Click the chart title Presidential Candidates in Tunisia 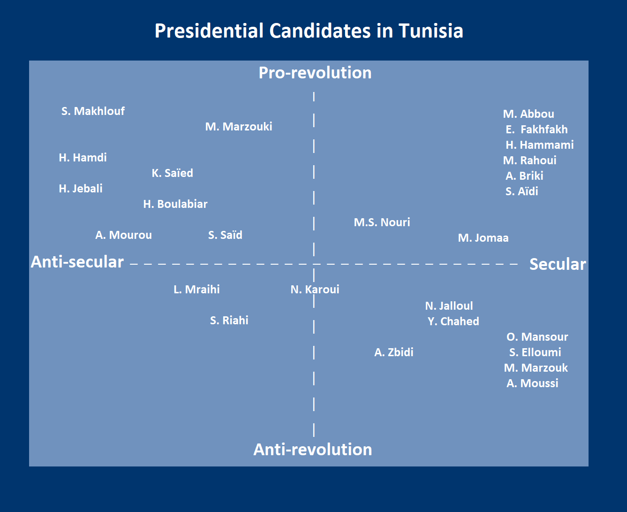click(309, 31)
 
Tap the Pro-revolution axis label click(315, 73)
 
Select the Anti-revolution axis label click(313, 450)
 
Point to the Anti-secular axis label click(77, 262)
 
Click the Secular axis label click(558, 264)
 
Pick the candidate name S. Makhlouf click(93, 111)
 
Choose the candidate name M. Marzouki click(239, 127)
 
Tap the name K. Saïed click(172, 173)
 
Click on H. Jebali click(81, 189)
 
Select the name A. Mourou click(123, 235)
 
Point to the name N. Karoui click(315, 290)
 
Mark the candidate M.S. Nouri click(382, 222)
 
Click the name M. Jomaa click(483, 238)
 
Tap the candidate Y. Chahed click(453, 321)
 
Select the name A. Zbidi click(394, 352)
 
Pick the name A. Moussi click(532, 383)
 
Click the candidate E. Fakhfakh click(536, 130)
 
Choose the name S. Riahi click(229, 321)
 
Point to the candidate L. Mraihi click(196, 290)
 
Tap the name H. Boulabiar click(175, 204)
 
